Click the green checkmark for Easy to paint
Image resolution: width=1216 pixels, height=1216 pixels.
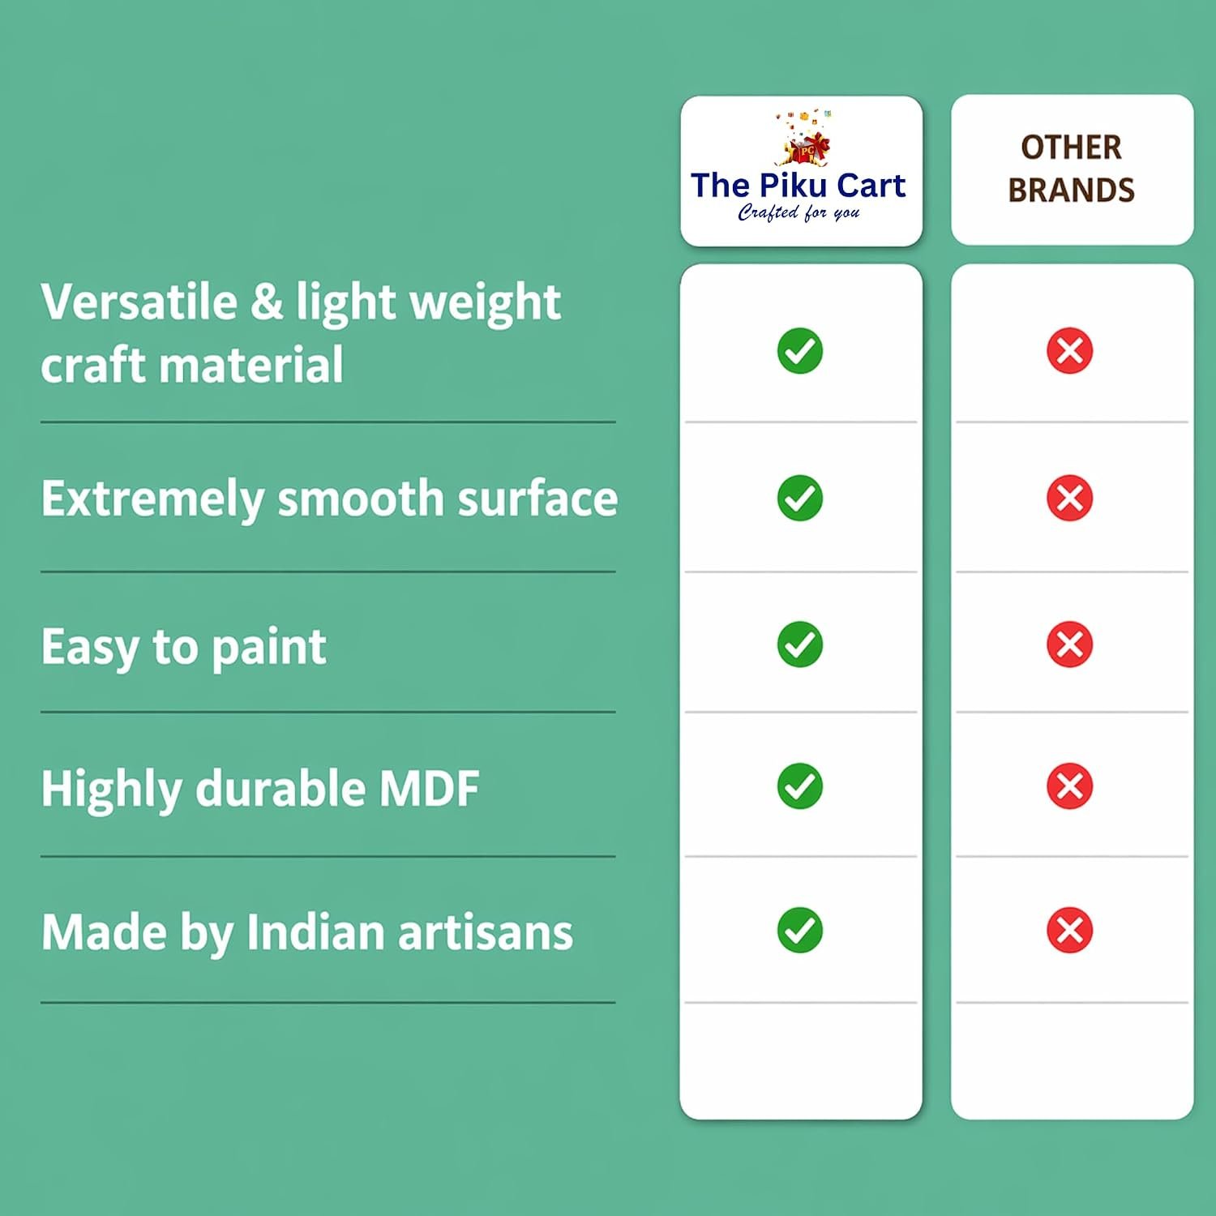coord(800,644)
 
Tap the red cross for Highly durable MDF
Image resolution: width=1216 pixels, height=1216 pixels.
coord(1070,786)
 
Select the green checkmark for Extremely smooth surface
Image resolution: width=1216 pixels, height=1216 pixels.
coord(800,498)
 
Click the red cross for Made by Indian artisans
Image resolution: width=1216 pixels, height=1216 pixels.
coord(1070,930)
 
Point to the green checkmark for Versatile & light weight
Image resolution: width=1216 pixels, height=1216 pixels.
coord(800,351)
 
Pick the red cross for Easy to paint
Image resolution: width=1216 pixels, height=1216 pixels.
coord(1070,644)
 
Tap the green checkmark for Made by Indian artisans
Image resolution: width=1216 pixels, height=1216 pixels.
coord(800,930)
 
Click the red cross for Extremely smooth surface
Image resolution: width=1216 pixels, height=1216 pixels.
coord(1070,498)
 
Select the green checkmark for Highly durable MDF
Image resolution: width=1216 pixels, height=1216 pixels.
coord(800,786)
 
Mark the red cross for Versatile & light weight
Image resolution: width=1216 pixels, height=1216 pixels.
coord(1070,351)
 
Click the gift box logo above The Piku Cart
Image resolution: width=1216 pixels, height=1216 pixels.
coord(804,138)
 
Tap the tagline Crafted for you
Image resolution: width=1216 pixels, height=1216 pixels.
coord(799,212)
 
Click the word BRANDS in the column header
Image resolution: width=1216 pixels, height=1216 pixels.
coord(1071,190)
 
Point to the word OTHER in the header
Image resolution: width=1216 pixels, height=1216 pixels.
coord(1071,148)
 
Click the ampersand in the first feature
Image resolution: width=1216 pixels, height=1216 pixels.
coord(266,302)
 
